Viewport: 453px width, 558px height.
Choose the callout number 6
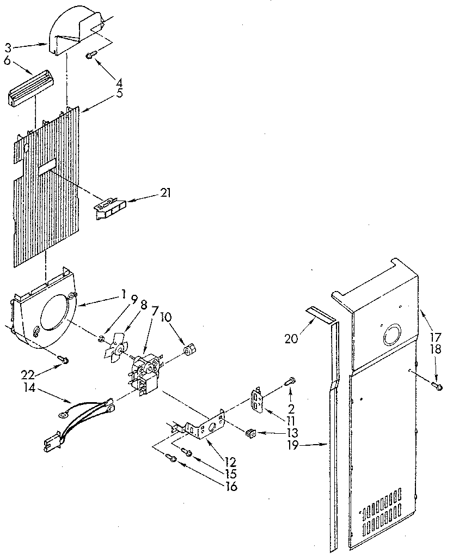pyautogui.click(x=7, y=61)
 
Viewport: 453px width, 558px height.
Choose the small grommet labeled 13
pyautogui.click(x=250, y=433)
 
